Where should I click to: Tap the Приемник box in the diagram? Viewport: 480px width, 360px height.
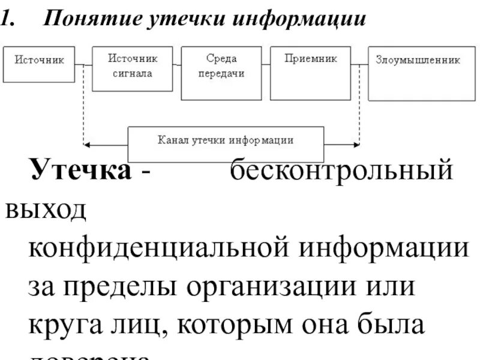coord(310,73)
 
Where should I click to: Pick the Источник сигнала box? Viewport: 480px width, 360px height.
coord(133,69)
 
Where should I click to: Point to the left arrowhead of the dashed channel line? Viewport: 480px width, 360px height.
coord(88,145)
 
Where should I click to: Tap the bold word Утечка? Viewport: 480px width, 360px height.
coord(81,171)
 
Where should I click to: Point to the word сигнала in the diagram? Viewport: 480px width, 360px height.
coord(133,74)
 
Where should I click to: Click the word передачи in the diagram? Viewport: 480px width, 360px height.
coord(221,74)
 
